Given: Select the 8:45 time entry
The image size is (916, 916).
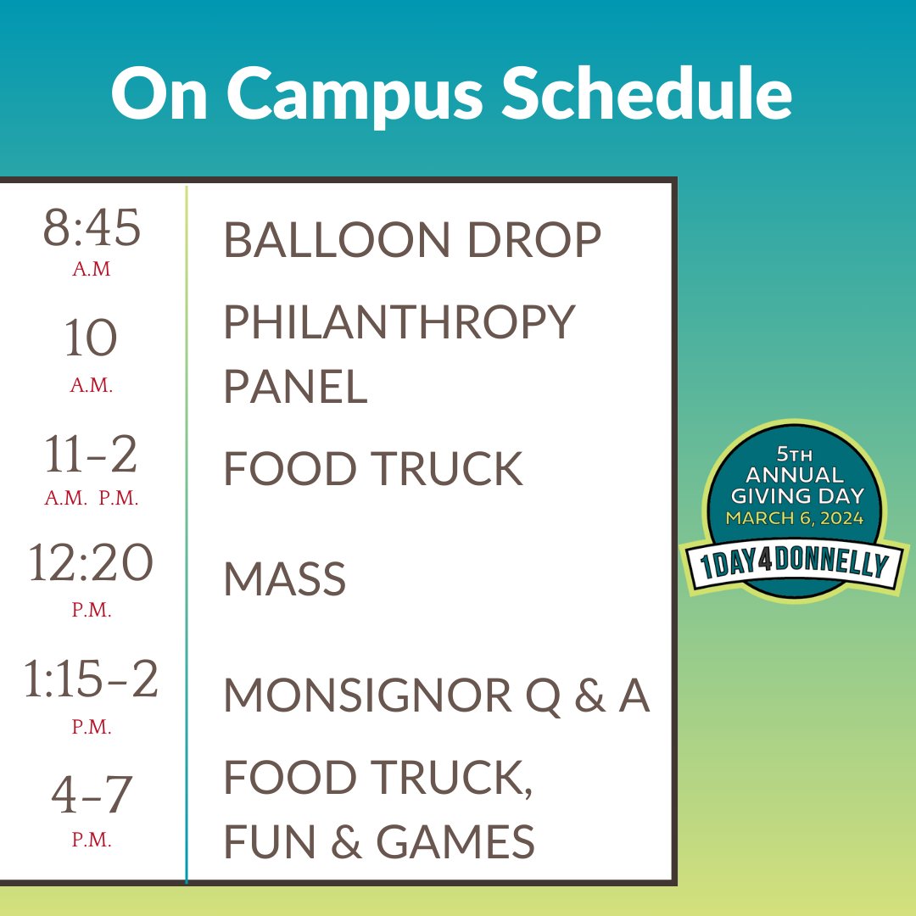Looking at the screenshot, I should (x=92, y=229).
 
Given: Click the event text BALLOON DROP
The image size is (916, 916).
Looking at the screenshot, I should (x=412, y=241).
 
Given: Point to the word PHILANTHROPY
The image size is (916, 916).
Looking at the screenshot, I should (x=399, y=323).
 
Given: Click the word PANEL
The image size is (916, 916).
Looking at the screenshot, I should (x=295, y=387).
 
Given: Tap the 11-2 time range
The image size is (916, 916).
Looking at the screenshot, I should (x=91, y=455).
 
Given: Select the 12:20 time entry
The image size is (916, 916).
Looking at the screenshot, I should (x=91, y=564).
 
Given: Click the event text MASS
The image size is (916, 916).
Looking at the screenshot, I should (x=285, y=581).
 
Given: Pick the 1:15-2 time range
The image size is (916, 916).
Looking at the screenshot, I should (x=91, y=681).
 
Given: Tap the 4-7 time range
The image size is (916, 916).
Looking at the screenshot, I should (x=91, y=795).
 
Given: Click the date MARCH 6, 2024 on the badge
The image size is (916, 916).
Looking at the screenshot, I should (x=794, y=518).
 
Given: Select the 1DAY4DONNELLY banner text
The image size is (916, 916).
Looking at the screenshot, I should (x=794, y=566).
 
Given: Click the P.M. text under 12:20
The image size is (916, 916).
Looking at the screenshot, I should (x=91, y=610).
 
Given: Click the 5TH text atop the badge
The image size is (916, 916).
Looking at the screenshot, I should (x=794, y=454).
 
